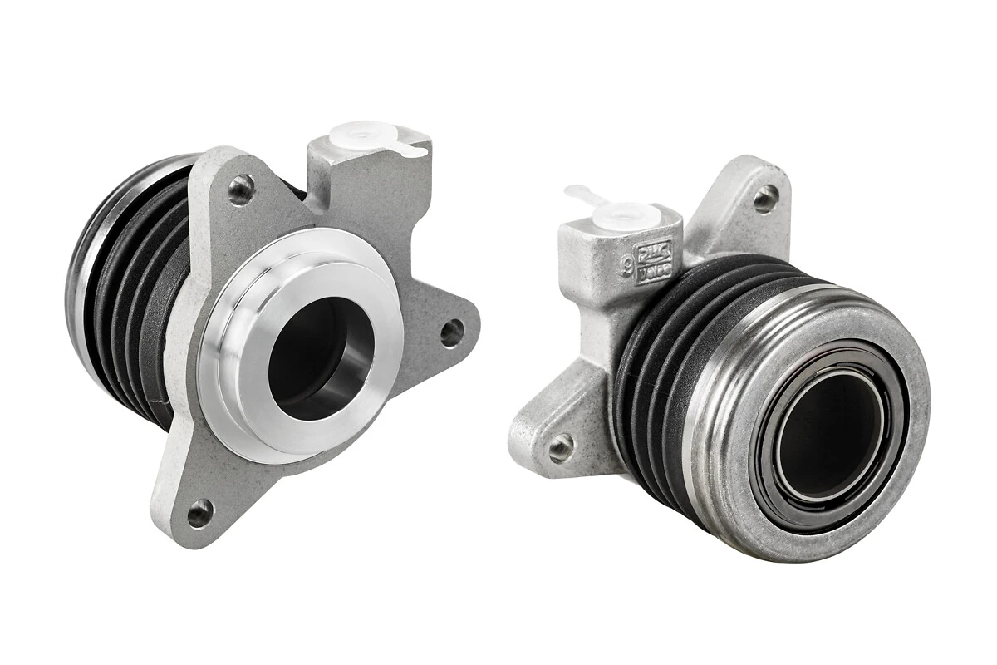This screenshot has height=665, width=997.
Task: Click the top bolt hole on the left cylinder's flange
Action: click(241, 189)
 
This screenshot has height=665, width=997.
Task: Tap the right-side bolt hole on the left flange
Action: click(451, 332)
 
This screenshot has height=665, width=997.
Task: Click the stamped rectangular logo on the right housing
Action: click(653, 263)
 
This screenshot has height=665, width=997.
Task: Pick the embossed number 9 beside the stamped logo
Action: click(627, 266)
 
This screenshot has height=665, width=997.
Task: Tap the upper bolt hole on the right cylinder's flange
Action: click(764, 198)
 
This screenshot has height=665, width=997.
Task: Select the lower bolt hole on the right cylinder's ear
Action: click(561, 447)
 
